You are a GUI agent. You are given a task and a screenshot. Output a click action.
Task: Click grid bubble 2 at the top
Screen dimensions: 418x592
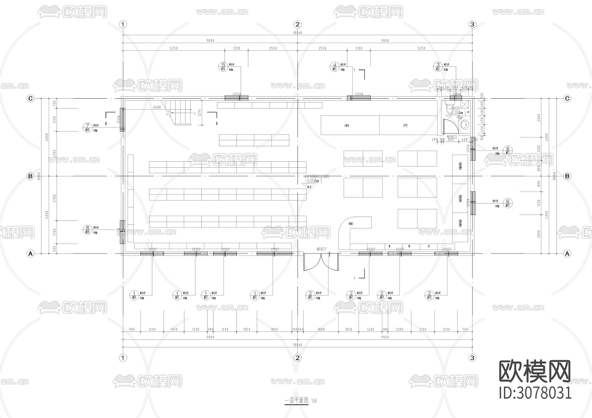pos(298,24)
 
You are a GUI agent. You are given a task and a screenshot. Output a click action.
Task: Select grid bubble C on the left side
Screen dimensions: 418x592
pos(31,98)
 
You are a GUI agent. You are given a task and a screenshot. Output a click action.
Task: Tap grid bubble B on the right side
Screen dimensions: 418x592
pos(567,176)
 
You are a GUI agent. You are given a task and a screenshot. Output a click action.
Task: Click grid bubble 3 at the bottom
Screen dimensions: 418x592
pos(472,358)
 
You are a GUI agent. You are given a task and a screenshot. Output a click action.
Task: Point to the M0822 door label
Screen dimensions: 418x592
pos(452,136)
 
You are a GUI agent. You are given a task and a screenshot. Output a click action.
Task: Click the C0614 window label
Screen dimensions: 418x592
pos(456,94)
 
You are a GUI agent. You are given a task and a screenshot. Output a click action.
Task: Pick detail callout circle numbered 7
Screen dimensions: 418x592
pos(87,127)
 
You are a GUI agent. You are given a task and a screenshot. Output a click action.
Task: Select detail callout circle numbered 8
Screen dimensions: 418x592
pos(87,229)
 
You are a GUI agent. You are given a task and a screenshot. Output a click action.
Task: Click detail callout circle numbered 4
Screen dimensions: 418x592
pos(335,67)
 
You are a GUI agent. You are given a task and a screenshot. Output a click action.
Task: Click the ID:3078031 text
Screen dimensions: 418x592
pos(535,393)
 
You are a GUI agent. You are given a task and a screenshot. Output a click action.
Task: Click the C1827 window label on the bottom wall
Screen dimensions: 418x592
pos(275,249)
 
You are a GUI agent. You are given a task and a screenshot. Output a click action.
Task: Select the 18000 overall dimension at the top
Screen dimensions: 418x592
pos(297,33)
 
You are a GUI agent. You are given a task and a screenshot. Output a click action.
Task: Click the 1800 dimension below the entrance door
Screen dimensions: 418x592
pos(321,329)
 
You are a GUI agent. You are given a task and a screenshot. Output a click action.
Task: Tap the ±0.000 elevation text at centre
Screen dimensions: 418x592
pos(316,176)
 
